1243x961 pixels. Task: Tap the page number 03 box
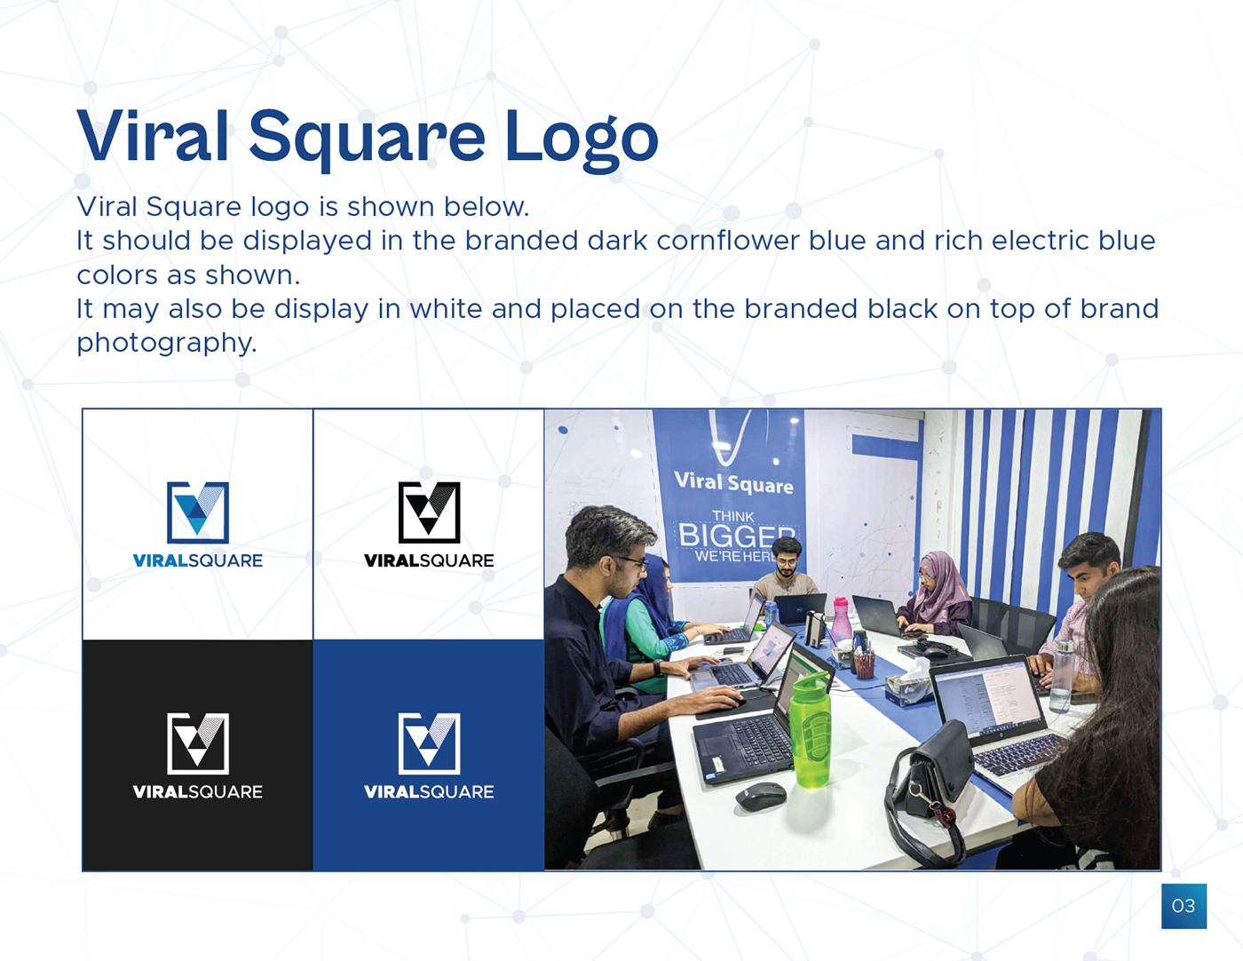click(1184, 906)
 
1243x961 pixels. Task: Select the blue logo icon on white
click(198, 512)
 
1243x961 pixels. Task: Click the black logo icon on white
click(429, 512)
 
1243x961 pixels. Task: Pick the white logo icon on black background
click(198, 743)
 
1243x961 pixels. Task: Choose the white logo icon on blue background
click(429, 743)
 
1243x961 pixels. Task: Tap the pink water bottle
click(840, 620)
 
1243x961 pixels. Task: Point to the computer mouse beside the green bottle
click(761, 796)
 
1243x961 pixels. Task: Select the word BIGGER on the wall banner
click(737, 536)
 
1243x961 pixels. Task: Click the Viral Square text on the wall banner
click(734, 483)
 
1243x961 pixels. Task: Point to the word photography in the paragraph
click(167, 343)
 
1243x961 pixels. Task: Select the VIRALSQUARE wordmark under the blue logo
click(198, 560)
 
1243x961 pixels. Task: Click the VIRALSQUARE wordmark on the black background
click(198, 791)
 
